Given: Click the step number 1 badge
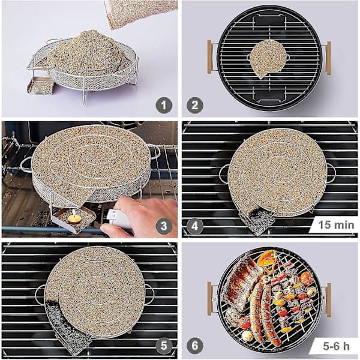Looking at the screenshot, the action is (164, 106).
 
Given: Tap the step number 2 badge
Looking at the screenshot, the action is (194, 106).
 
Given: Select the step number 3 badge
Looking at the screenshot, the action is (164, 226).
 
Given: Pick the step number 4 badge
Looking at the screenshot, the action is (194, 226).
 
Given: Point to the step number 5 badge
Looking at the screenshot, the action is (164, 346).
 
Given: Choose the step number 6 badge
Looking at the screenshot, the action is (194, 346).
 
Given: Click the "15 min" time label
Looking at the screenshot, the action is (336, 225).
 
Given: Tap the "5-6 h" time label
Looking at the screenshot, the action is (336, 346).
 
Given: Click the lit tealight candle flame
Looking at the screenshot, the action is (73, 213).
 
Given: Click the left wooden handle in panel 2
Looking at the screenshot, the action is (209, 57).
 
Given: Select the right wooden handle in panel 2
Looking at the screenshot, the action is (329, 58).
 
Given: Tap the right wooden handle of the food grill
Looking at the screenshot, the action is (329, 300).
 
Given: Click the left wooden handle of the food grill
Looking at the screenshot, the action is (209, 298).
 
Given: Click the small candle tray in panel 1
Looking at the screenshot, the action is (40, 86).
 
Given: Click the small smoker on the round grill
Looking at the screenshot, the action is (268, 59).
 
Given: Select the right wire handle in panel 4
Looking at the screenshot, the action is (330, 173).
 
